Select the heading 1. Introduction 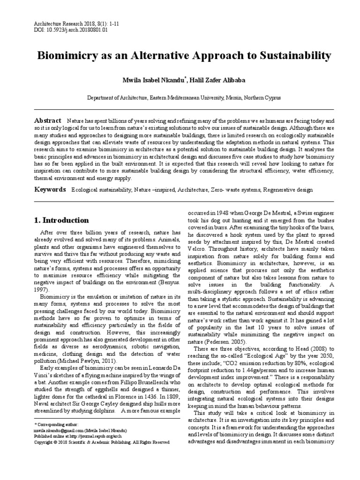point(62,220)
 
